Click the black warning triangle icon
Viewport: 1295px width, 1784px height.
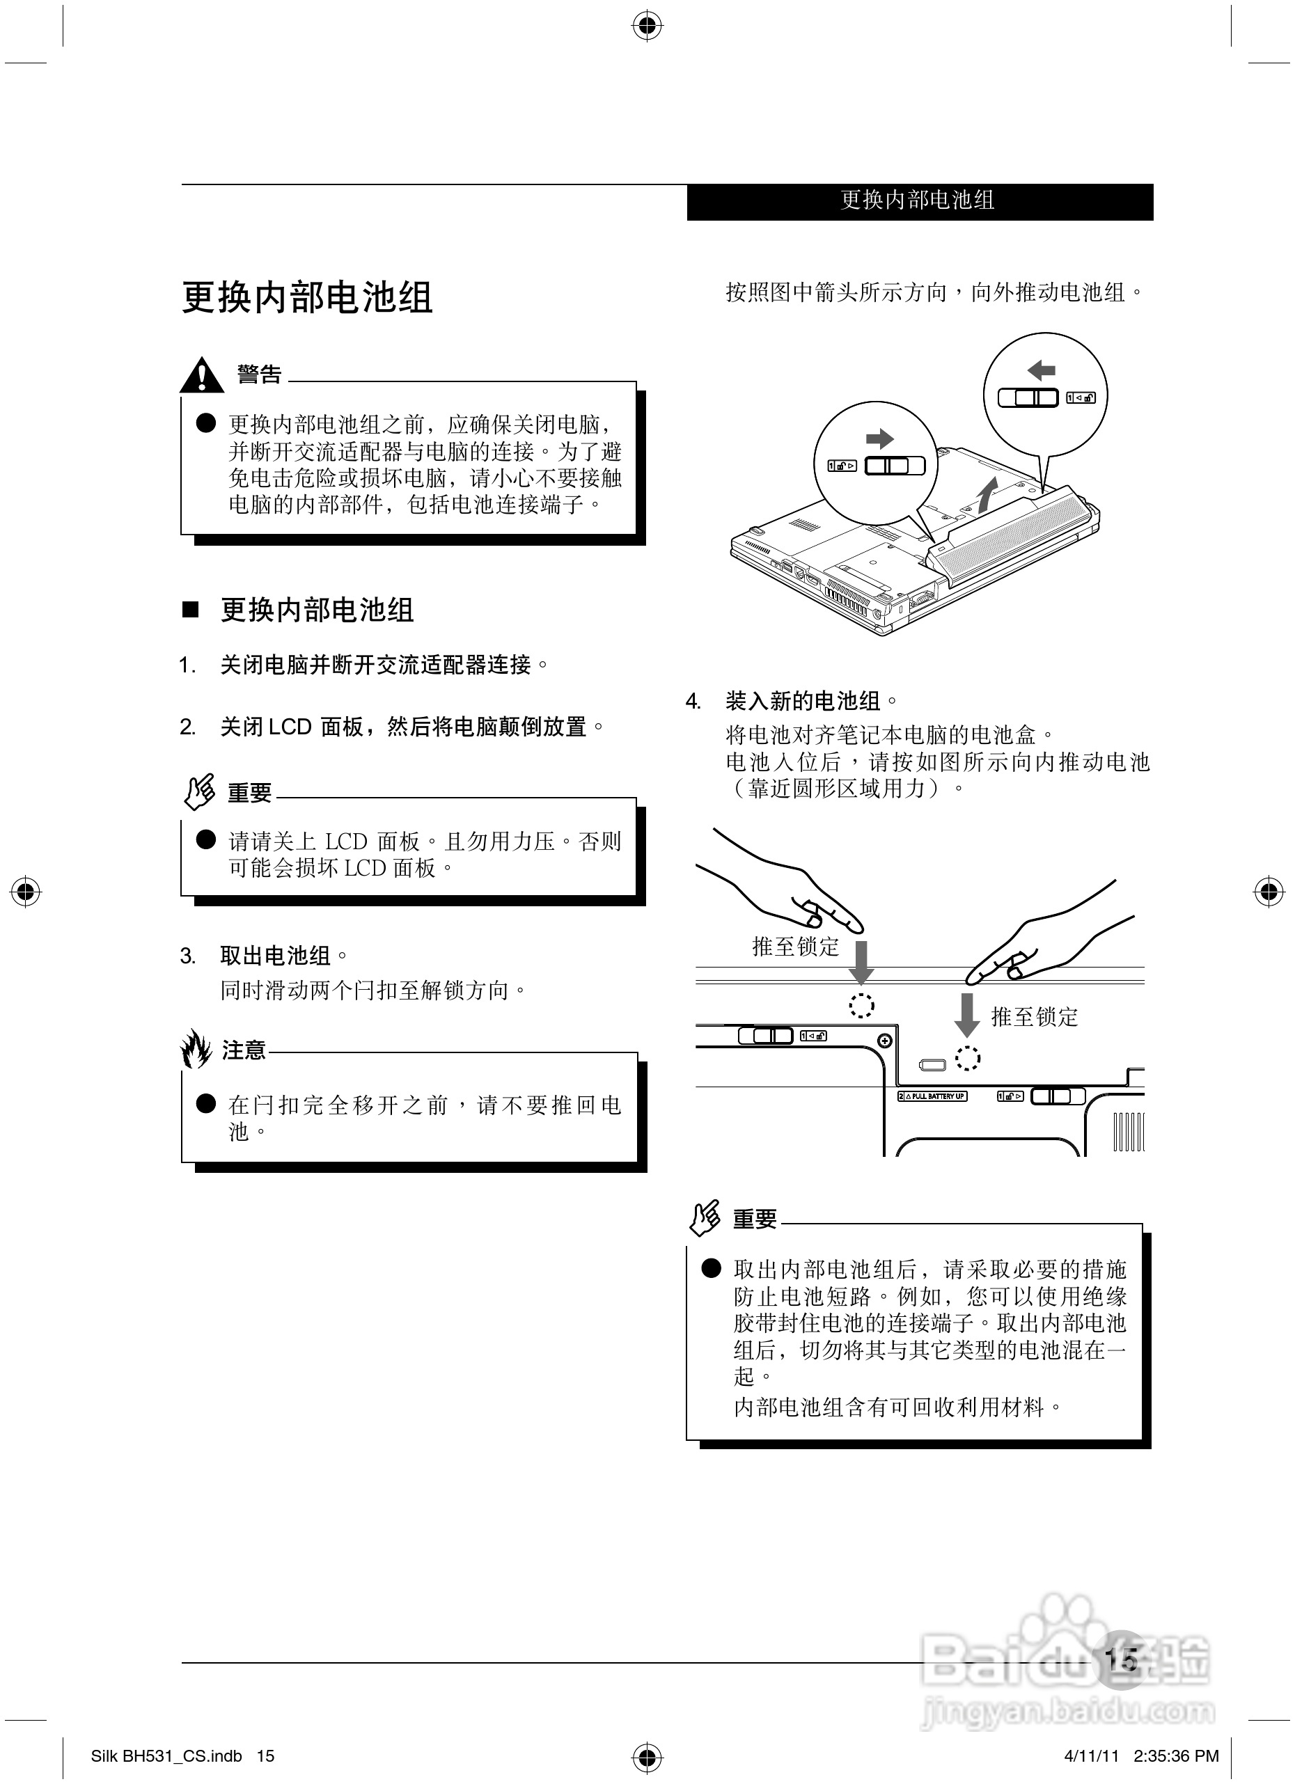pyautogui.click(x=201, y=375)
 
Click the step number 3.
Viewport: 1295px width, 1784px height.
pyautogui.click(x=187, y=956)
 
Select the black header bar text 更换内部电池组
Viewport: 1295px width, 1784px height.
pyautogui.click(x=918, y=200)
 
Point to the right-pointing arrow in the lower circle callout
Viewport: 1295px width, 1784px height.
pyautogui.click(x=879, y=438)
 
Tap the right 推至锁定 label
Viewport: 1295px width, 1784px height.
pyautogui.click(x=1034, y=1017)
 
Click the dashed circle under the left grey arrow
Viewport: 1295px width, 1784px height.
pyautogui.click(x=861, y=1004)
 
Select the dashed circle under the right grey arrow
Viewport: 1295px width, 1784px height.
pyautogui.click(x=967, y=1058)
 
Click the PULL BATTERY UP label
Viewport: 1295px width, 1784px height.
pyautogui.click(x=932, y=1096)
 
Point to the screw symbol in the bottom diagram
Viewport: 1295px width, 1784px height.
pyautogui.click(x=884, y=1041)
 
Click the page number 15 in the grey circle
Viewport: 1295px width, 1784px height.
pyautogui.click(x=1121, y=1659)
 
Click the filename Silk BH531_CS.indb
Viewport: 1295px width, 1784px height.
pyautogui.click(x=167, y=1755)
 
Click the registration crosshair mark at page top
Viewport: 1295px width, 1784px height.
pyautogui.click(x=647, y=26)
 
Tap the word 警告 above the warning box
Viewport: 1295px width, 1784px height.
pyautogui.click(x=259, y=374)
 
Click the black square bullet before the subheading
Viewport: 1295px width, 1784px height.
pyautogui.click(x=190, y=610)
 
